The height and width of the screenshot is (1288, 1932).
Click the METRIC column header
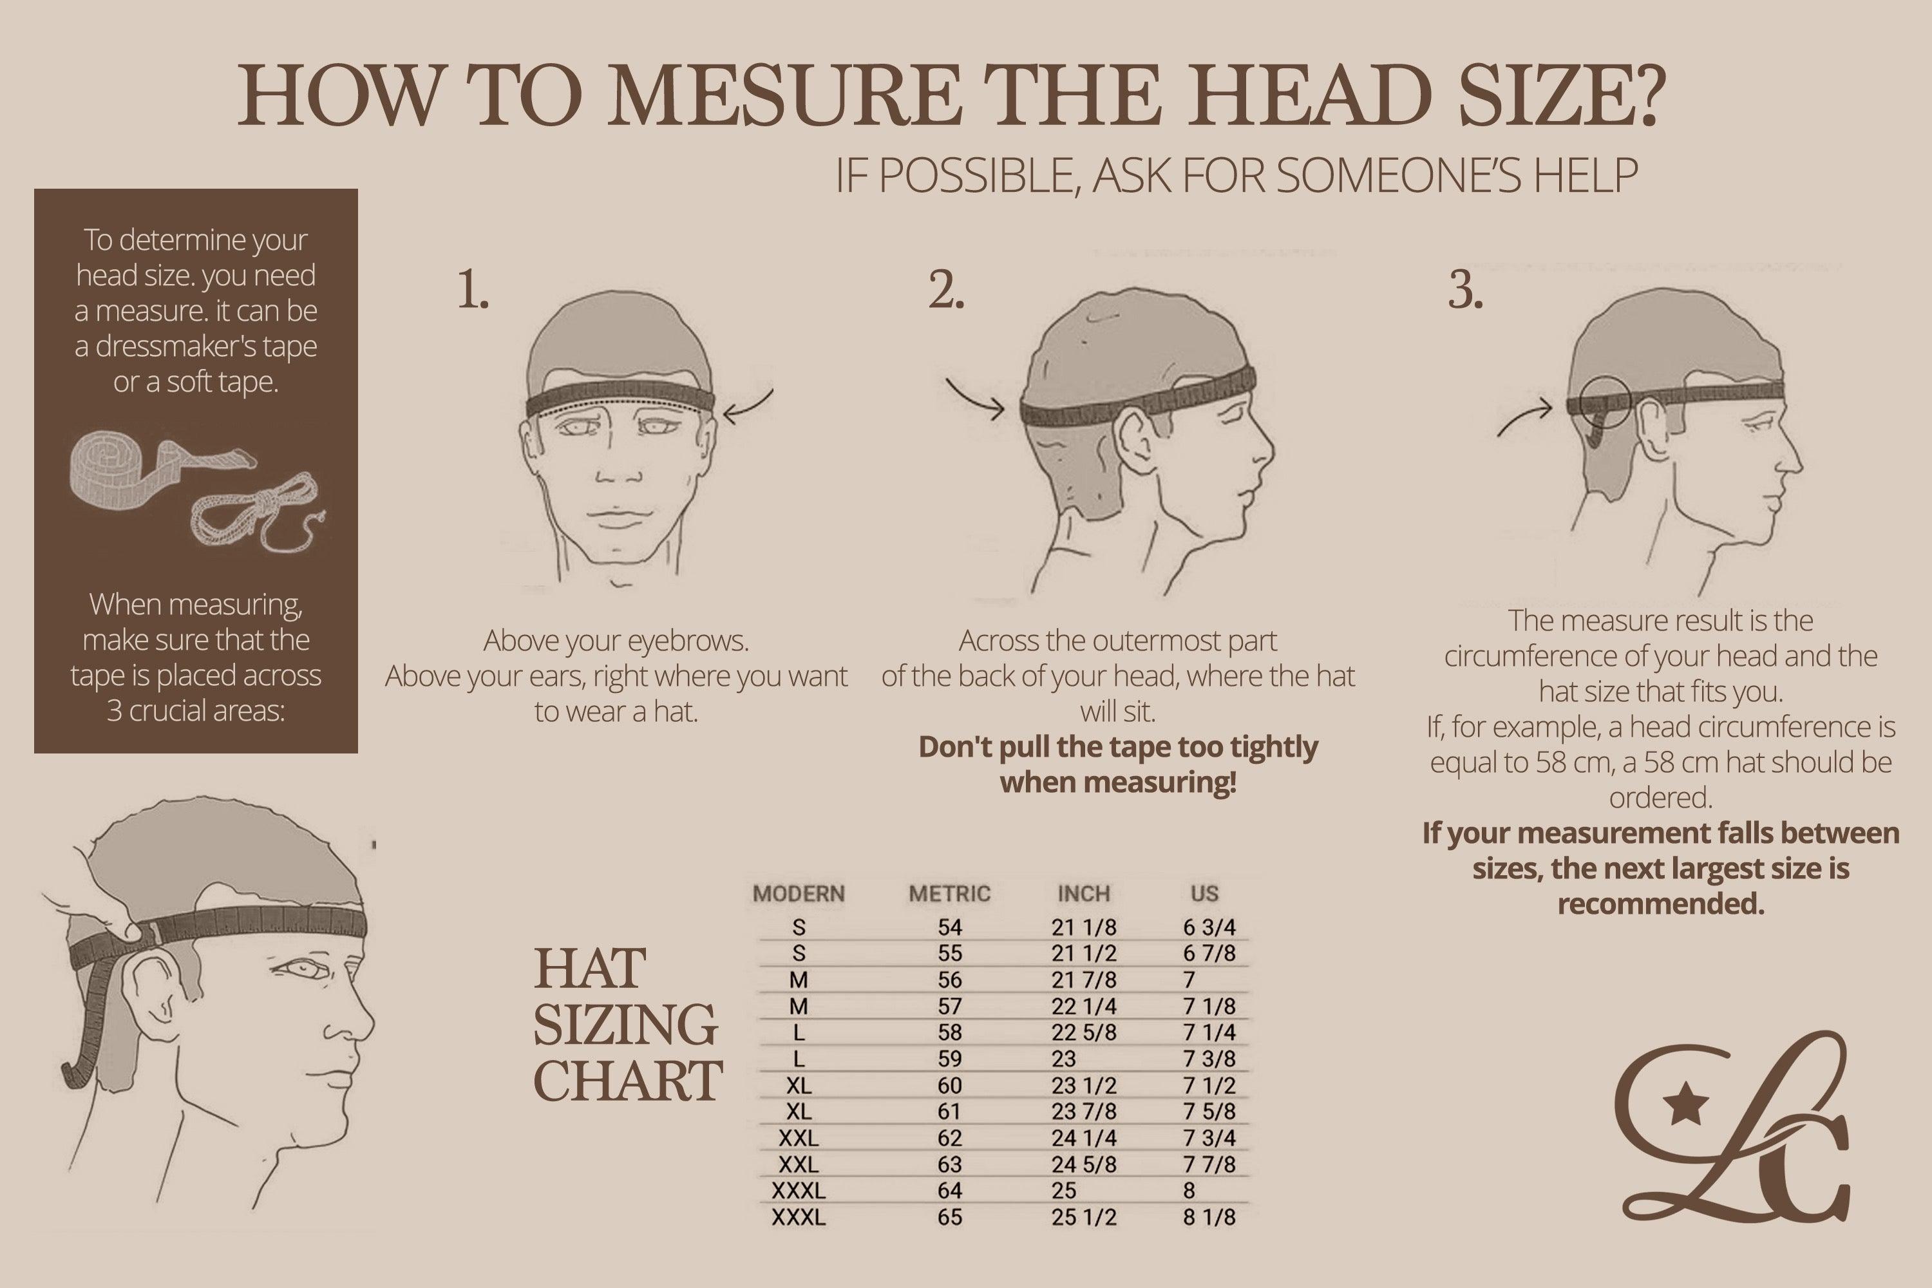click(x=949, y=894)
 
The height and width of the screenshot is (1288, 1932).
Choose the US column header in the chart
click(x=1204, y=894)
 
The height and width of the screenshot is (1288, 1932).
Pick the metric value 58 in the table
click(x=949, y=1032)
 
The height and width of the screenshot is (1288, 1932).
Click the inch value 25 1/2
click(x=1083, y=1217)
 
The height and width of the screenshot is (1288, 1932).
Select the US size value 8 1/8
click(x=1209, y=1217)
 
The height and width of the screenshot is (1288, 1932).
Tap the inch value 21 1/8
click(x=1083, y=927)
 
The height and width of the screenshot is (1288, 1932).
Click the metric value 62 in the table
click(x=949, y=1139)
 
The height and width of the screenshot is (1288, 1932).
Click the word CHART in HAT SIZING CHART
click(x=627, y=1081)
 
